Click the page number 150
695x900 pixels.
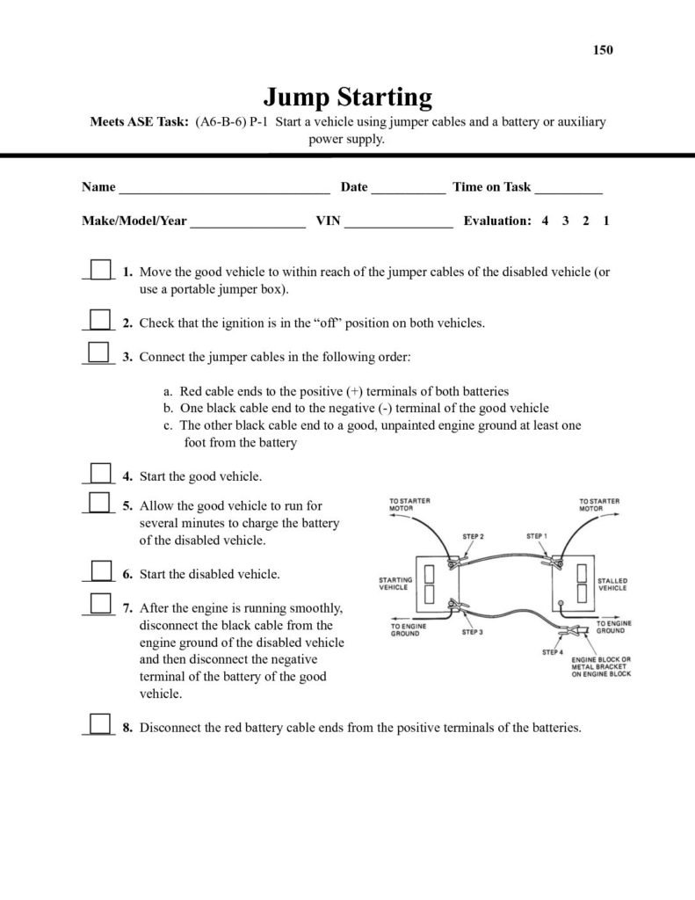[x=603, y=50]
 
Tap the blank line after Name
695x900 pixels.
[x=224, y=188]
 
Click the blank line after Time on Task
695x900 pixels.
[x=568, y=188]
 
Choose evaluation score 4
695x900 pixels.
[x=546, y=221]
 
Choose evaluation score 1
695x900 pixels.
[x=606, y=221]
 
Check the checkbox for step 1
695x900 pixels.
[x=101, y=269]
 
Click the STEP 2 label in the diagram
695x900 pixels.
[x=474, y=536]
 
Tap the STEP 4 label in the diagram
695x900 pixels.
[x=552, y=652]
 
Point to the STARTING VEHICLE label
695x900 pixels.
[x=395, y=584]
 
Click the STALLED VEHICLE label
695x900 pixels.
[x=612, y=584]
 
